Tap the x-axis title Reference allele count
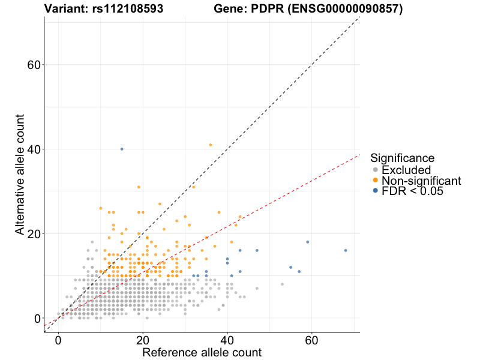(202, 352)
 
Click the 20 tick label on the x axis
(143, 340)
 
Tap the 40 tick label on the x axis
(227, 340)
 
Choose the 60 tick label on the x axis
(311, 340)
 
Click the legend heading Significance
(402, 158)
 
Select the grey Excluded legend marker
(376, 170)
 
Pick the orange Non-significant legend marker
(376, 181)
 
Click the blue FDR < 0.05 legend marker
(376, 191)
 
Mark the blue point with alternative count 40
(122, 149)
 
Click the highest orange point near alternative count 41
(211, 145)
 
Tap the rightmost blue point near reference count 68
(346, 250)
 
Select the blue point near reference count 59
(308, 242)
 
